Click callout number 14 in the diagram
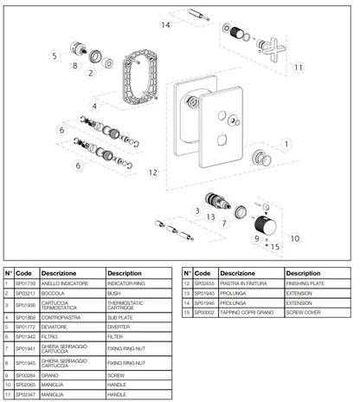[x=165, y=25]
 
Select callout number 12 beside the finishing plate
[x=151, y=173]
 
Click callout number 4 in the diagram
[x=95, y=107]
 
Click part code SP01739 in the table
[x=27, y=282]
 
